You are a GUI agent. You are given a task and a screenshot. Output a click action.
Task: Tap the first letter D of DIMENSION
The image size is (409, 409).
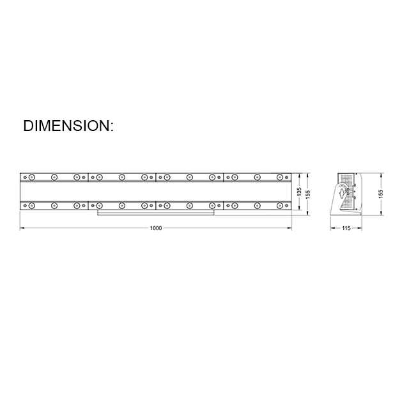tap(28, 126)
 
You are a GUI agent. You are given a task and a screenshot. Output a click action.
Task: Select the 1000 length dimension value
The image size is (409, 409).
tap(155, 228)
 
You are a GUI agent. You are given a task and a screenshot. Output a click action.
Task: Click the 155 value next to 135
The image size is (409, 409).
tap(307, 191)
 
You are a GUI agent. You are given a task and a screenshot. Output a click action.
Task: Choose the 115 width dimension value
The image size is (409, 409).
tap(346, 228)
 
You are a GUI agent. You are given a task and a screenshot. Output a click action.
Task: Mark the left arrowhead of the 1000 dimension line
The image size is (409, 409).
tap(22, 228)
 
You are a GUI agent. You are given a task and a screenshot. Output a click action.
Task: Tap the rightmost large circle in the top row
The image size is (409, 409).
tap(280, 177)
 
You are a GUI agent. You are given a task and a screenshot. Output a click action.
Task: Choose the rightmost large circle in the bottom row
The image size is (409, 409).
tap(280, 205)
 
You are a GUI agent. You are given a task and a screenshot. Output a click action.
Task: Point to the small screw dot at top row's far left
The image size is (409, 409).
tap(24, 177)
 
